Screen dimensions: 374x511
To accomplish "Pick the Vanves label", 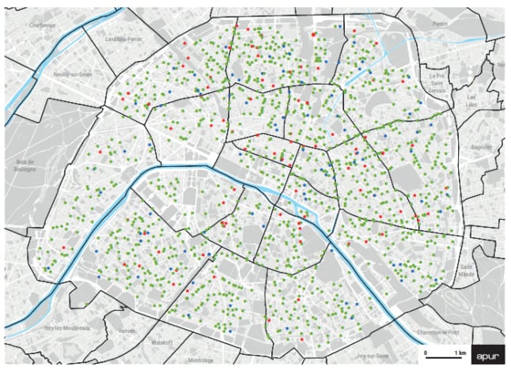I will [127, 331].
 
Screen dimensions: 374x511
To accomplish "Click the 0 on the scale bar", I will [426, 350].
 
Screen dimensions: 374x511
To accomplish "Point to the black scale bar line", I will [443, 357].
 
